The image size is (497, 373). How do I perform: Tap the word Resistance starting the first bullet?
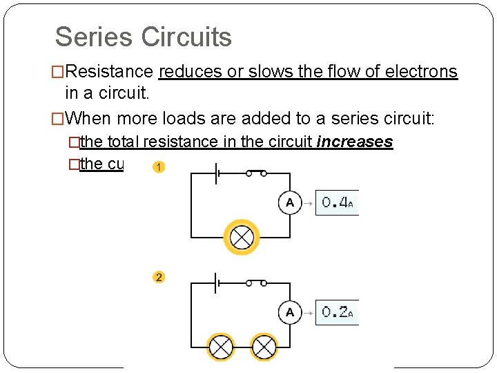(110, 72)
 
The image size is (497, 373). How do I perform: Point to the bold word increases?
(355, 142)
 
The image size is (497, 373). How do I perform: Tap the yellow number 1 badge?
(159, 168)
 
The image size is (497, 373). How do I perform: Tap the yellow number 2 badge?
(159, 277)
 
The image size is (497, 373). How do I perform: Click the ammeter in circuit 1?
(290, 202)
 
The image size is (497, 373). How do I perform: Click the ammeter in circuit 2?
(290, 312)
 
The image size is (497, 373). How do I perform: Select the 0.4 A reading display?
(337, 202)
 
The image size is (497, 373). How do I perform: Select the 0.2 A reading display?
(337, 312)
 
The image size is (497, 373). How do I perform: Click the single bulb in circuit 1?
(241, 238)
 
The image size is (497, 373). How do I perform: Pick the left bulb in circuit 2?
(221, 347)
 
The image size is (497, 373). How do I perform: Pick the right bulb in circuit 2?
(263, 347)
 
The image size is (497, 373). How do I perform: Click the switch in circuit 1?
(256, 172)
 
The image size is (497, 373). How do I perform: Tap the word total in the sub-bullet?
(123, 142)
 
